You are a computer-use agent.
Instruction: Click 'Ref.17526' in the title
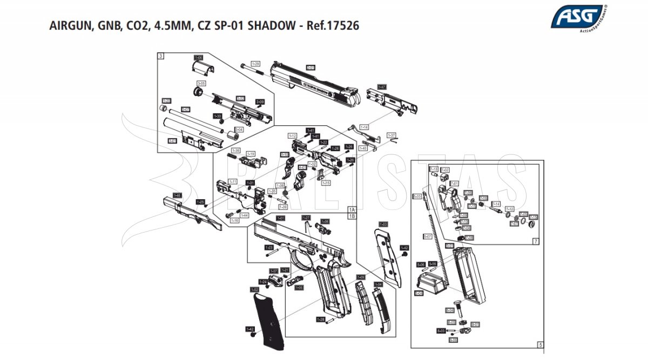(x=333, y=25)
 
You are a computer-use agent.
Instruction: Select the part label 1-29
(x=255, y=64)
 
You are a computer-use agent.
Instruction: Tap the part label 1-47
(x=382, y=86)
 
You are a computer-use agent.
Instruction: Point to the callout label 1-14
(x=364, y=127)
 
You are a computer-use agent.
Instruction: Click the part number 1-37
(x=391, y=135)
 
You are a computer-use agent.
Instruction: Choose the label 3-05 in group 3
(x=201, y=84)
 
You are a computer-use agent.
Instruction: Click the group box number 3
(x=161, y=56)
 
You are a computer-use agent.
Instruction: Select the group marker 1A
(x=352, y=209)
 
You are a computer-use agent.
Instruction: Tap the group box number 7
(x=536, y=241)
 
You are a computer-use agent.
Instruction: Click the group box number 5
(x=539, y=344)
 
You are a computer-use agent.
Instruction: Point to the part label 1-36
(x=235, y=150)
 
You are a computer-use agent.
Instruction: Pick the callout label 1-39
(x=283, y=207)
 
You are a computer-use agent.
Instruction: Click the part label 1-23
(x=268, y=247)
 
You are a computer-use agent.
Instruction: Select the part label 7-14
(x=496, y=204)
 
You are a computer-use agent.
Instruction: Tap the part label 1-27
(x=307, y=218)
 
